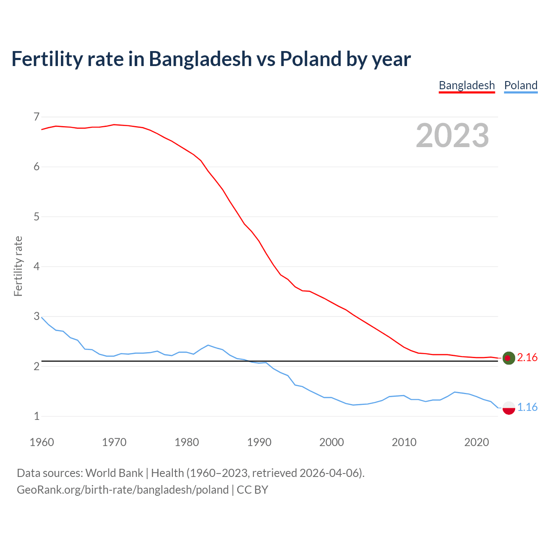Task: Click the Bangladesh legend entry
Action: (467, 85)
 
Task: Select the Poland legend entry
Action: (521, 85)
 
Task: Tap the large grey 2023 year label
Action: (452, 136)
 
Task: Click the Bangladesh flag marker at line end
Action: (509, 358)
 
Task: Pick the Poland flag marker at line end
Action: (509, 407)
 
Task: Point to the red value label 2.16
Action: (527, 357)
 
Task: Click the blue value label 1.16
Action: (527, 407)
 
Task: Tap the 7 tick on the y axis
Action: (36, 117)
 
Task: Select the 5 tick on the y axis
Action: (36, 217)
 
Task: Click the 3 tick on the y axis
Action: (36, 317)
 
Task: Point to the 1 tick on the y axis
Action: (36, 416)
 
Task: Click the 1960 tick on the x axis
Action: (42, 442)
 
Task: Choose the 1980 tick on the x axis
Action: (187, 442)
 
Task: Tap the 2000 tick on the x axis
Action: (332, 442)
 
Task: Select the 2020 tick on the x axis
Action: (477, 442)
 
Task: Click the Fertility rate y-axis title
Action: (18, 266)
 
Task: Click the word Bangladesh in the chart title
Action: (200, 59)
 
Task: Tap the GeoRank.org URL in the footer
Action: (123, 490)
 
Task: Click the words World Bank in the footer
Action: (114, 473)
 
